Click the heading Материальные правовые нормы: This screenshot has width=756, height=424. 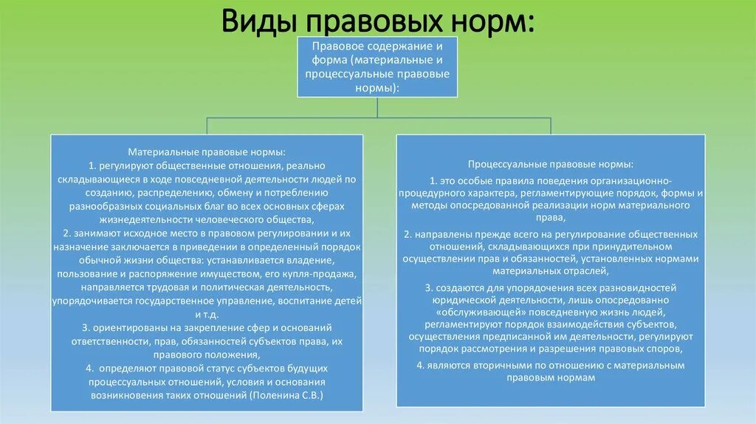[x=207, y=151]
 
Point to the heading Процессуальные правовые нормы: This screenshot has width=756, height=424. [x=550, y=163]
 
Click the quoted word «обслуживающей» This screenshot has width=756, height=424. [x=467, y=313]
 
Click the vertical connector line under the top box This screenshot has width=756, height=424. [x=377, y=107]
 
